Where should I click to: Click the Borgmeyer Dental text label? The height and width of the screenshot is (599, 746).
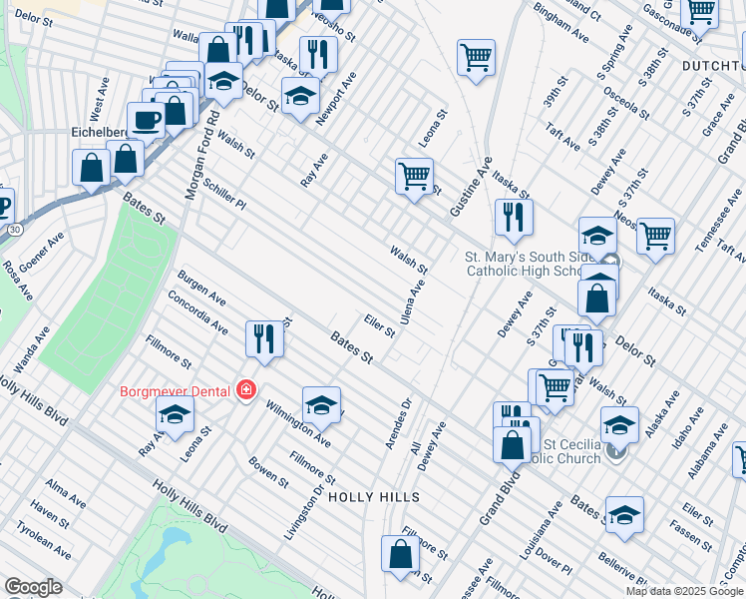point(176,390)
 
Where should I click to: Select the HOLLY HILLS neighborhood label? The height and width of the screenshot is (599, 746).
point(373,496)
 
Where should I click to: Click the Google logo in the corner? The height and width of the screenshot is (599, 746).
point(33,587)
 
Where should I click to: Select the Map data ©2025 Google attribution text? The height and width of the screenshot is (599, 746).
point(684,591)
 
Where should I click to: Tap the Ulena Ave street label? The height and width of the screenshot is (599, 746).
point(413,301)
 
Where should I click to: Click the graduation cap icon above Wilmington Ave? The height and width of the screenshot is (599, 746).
point(321,405)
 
